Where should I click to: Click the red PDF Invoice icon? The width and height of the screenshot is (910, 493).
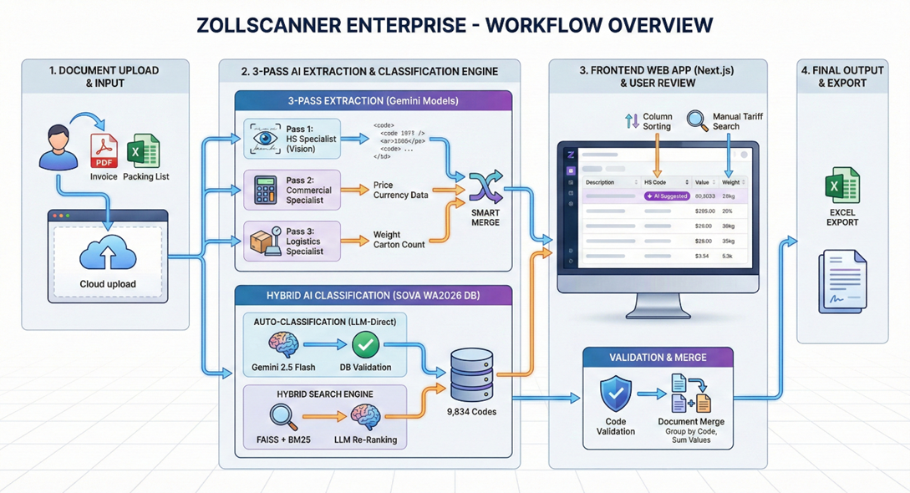point(104,152)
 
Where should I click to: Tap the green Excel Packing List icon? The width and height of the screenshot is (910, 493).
point(143,151)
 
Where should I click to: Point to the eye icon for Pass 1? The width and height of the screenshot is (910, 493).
point(266,139)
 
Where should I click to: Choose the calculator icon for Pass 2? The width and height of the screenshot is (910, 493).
point(266,191)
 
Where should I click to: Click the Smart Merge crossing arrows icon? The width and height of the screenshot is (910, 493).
point(486,188)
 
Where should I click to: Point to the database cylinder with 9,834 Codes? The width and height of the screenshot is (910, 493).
point(472,375)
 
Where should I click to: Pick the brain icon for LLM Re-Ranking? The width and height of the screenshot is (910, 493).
point(365,415)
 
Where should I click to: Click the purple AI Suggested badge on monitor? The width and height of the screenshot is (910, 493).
point(667,196)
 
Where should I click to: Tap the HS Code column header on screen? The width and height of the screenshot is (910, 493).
point(655,182)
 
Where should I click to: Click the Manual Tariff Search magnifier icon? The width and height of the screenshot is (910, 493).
point(697,121)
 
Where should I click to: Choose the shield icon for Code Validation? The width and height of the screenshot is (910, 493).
point(616,394)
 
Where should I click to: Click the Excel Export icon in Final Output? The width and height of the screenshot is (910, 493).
point(841,186)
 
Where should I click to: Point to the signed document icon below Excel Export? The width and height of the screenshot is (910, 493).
point(841,282)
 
